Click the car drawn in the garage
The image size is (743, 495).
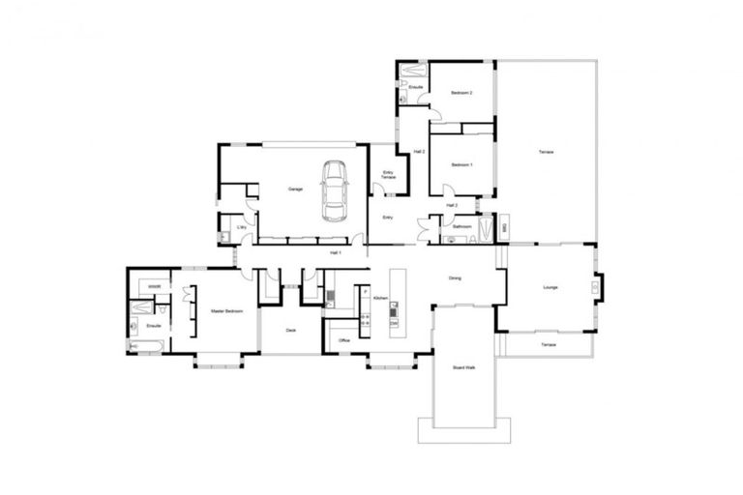click(335, 190)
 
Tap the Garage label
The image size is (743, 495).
click(296, 189)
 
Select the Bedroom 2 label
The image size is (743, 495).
click(461, 93)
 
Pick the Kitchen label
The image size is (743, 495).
click(379, 299)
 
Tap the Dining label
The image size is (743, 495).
click(455, 278)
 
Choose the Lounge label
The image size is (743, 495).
click(550, 287)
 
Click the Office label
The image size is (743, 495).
click(344, 340)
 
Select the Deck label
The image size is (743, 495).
click(290, 331)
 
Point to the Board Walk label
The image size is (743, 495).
click(463, 367)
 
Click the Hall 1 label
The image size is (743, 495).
click(336, 252)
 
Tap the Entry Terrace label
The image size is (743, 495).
click(388, 175)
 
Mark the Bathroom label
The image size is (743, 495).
click(461, 226)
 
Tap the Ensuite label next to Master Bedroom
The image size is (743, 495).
click(154, 326)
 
